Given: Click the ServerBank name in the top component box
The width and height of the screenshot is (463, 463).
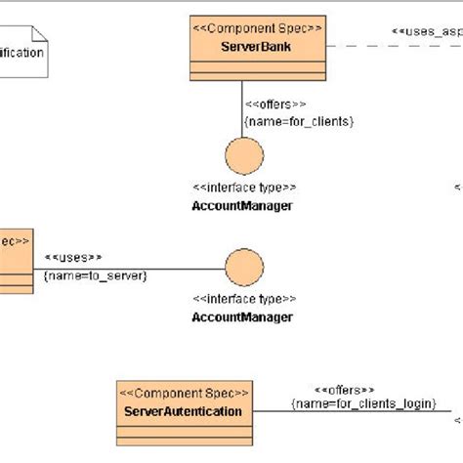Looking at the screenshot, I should pyautogui.click(x=256, y=46).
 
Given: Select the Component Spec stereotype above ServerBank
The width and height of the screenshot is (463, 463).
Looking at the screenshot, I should pyautogui.click(x=256, y=28).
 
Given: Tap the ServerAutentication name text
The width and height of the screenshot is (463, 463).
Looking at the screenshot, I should pyautogui.click(x=183, y=411).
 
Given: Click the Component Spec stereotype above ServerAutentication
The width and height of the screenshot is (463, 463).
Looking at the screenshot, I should pyautogui.click(x=183, y=393).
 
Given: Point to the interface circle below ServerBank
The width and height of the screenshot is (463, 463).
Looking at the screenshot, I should pyautogui.click(x=242, y=155).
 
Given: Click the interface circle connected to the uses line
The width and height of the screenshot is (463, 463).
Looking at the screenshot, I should pyautogui.click(x=242, y=269).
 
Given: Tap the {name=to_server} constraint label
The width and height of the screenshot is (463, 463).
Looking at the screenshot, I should pyautogui.click(x=95, y=276).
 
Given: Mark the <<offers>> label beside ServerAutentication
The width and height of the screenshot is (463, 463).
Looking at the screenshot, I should pyautogui.click(x=345, y=389).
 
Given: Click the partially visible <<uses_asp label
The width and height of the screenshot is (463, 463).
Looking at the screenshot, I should pyautogui.click(x=426, y=32).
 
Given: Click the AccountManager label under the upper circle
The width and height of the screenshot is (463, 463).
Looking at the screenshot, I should pyautogui.click(x=242, y=205).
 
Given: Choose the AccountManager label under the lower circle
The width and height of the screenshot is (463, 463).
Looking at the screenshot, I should pyautogui.click(x=242, y=317).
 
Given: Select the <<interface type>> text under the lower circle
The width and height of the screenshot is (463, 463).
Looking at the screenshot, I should pyautogui.click(x=242, y=300).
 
